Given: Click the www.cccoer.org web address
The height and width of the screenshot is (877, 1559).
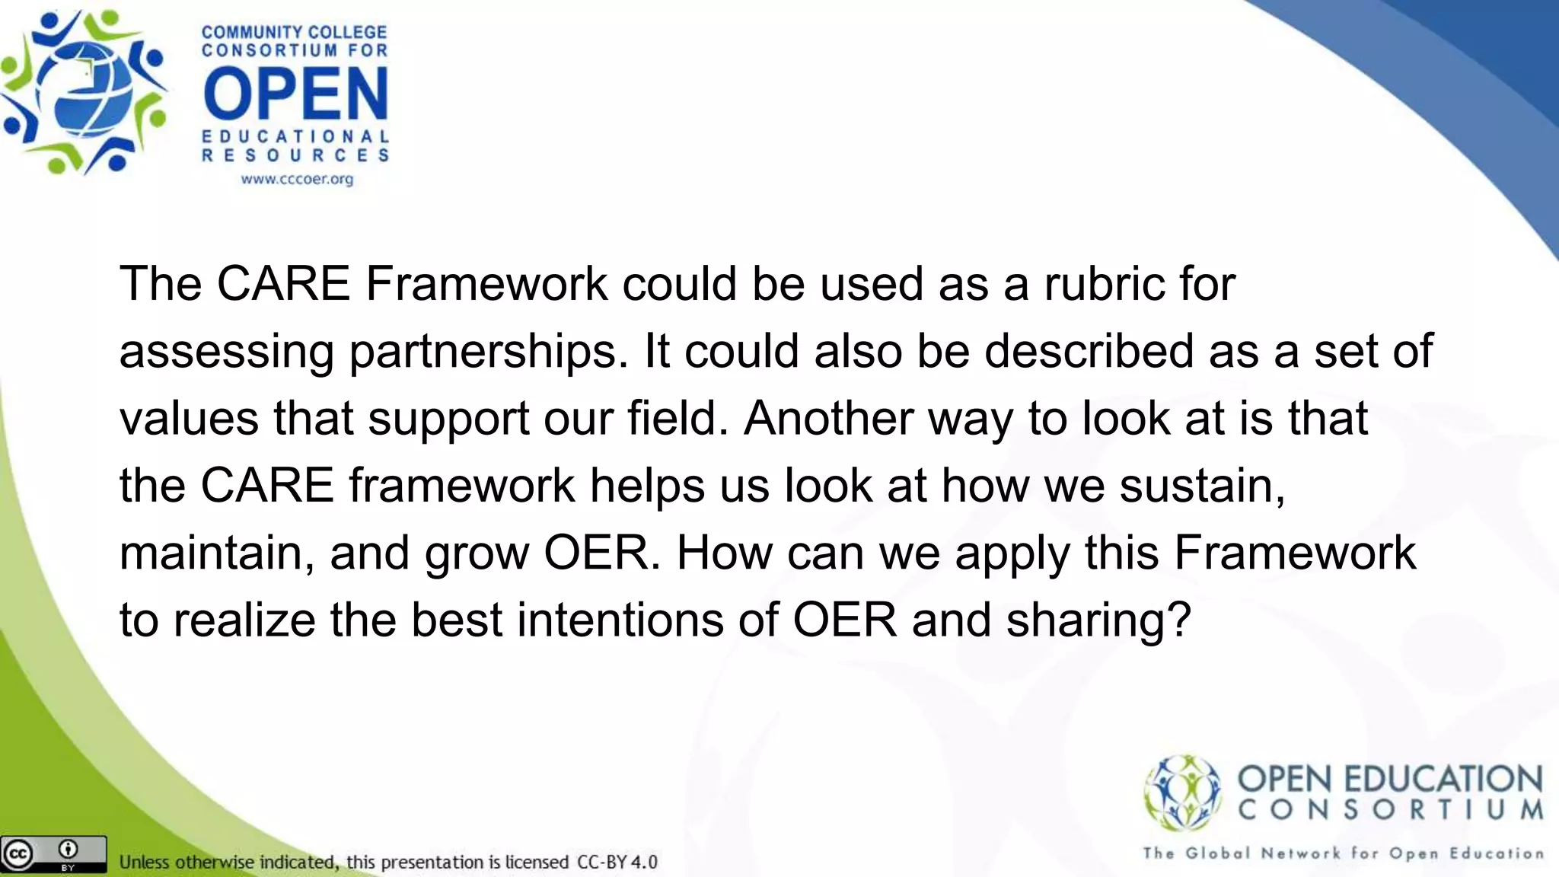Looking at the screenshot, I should pos(297,180).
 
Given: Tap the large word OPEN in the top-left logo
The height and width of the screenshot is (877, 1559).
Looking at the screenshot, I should pos(296,95).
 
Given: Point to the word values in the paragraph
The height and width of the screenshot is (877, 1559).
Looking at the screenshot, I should pos(189,418).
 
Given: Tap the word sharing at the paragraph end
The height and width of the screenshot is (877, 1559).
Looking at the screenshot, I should pos(1098,620).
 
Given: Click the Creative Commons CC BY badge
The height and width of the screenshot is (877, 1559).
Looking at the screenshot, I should pos(53,854).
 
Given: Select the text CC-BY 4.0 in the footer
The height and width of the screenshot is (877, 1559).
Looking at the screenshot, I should pos(617,863).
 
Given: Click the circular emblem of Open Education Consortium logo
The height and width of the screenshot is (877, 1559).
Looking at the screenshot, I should pos(1182,792).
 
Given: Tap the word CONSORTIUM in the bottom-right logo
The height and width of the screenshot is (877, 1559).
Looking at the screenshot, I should pos(1390,810).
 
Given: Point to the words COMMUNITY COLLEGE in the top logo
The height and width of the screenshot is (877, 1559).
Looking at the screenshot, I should pos(294,33).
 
